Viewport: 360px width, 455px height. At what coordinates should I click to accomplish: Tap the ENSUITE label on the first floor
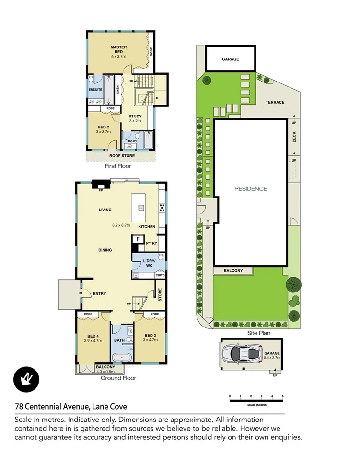(x=95, y=90)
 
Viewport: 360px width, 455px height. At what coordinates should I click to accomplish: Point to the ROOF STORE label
(x=122, y=156)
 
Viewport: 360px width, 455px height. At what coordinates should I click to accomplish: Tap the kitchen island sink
(x=142, y=208)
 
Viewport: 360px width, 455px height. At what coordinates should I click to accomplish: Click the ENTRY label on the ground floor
(x=99, y=294)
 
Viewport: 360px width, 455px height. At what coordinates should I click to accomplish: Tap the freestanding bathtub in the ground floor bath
(x=122, y=357)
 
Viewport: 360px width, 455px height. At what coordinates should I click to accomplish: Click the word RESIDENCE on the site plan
(x=250, y=189)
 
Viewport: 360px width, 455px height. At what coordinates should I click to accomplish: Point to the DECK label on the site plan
(x=295, y=138)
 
